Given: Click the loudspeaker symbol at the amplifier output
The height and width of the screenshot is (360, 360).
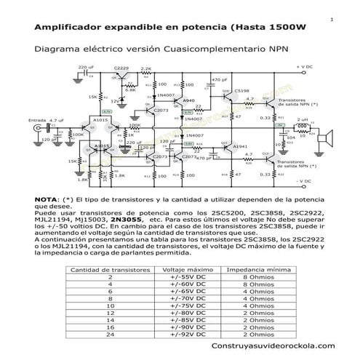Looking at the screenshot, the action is point(328,136).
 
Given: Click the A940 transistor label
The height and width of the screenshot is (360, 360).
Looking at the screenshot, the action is point(189,100).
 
